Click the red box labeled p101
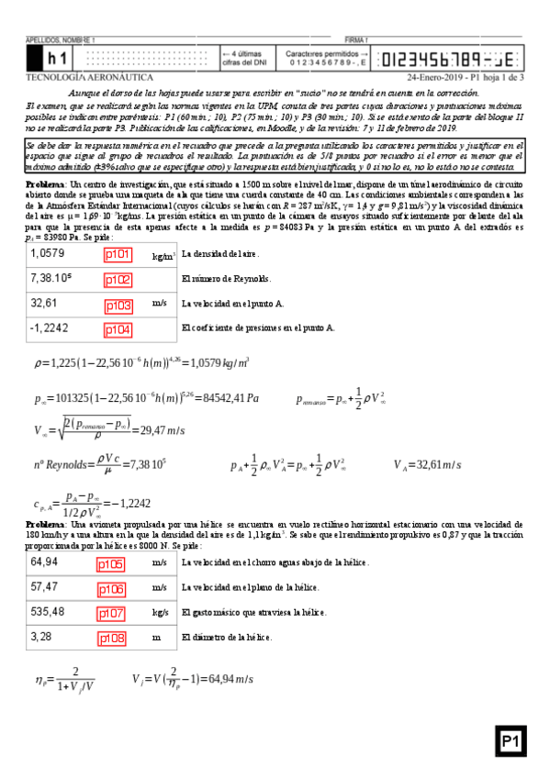118,254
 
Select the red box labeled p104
118,328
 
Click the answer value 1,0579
48,253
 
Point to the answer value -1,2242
50,328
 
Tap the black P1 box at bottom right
511,741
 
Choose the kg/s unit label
160,612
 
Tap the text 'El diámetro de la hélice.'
229,636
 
